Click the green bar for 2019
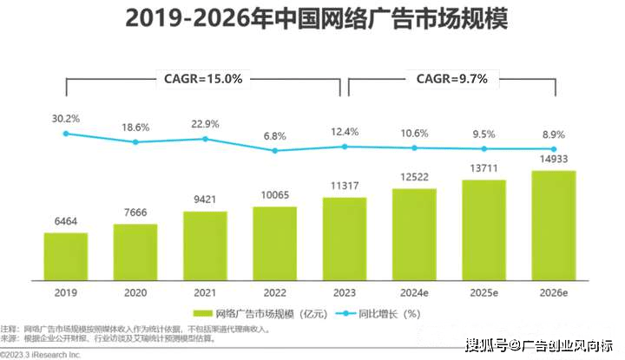(66, 257)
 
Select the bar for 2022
(274, 244)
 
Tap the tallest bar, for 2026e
(553, 226)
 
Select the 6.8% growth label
(274, 135)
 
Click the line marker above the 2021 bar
(205, 139)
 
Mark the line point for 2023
(345, 147)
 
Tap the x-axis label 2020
(135, 292)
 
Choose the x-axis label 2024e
(414, 292)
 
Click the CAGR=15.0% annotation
(203, 79)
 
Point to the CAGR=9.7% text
(451, 79)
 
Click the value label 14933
(553, 158)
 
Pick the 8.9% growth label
(553, 134)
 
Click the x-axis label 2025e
(484, 292)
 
